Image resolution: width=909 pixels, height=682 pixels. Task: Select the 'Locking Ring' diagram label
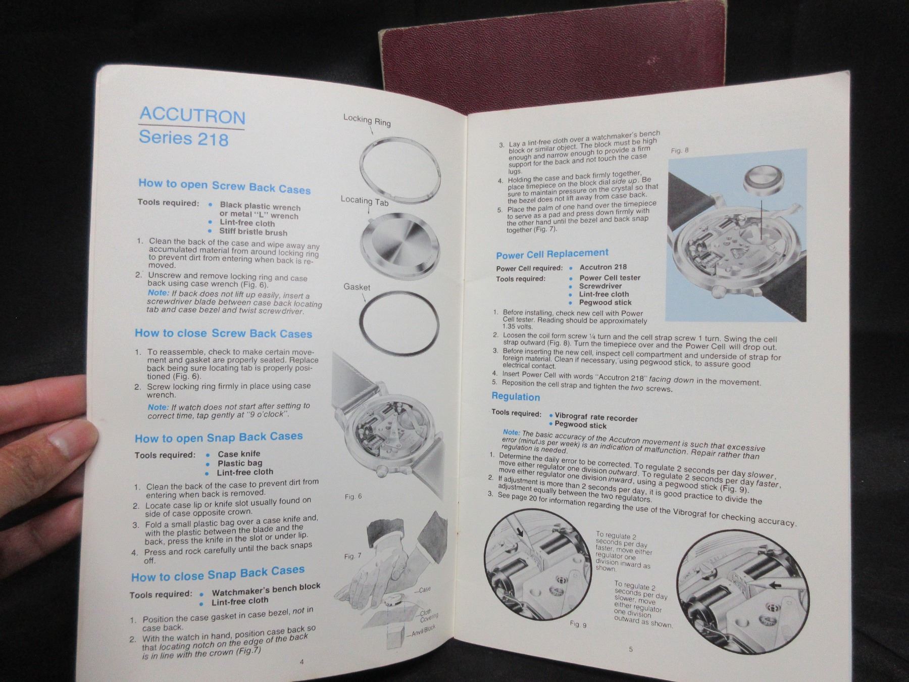(367, 120)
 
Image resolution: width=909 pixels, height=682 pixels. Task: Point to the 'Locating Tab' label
(365, 201)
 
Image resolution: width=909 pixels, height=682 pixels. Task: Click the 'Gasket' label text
(357, 287)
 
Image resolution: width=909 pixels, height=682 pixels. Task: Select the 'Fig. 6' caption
(353, 497)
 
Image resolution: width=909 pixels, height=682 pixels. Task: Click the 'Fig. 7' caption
(352, 556)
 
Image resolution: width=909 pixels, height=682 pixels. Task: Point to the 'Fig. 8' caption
(680, 151)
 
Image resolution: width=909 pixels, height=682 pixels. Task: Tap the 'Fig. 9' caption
(578, 624)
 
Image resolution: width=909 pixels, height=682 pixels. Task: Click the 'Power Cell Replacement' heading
(552, 254)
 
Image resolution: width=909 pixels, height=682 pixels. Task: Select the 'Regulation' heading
(516, 397)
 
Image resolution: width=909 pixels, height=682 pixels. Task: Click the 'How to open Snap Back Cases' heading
(219, 437)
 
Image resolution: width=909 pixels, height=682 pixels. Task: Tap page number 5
(631, 650)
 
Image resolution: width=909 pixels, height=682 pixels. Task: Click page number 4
(302, 662)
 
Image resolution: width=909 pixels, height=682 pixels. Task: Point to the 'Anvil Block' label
(423, 631)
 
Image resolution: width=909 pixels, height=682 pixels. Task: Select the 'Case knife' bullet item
(239, 454)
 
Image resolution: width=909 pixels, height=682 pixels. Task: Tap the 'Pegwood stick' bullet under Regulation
(580, 425)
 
